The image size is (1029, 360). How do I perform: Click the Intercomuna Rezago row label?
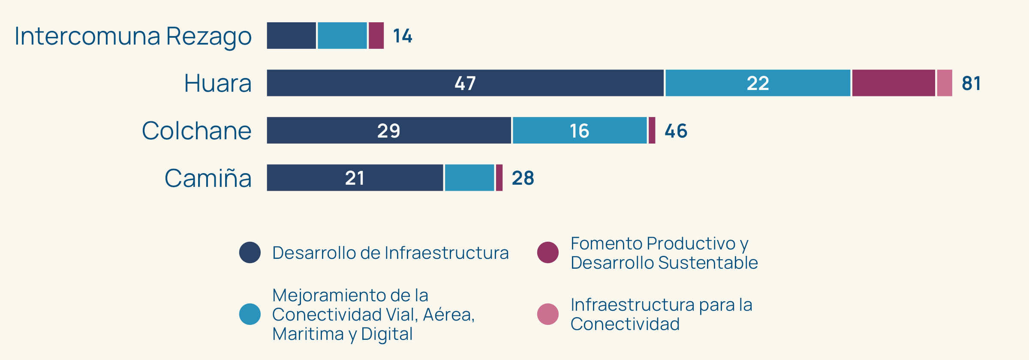133,36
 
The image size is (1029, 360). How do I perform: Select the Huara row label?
217,83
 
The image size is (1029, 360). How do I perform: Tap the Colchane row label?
196,131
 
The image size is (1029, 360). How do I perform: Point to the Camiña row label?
208,178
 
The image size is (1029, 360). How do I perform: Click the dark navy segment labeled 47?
465,83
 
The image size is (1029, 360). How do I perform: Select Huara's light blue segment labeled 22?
758,83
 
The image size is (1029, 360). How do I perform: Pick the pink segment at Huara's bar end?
945,83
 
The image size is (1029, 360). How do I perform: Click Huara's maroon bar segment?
894,83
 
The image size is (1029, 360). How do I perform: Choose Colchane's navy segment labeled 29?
389,131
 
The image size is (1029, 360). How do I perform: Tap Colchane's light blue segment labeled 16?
580,131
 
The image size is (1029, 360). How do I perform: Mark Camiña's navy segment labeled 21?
355,178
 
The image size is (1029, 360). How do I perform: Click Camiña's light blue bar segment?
469,178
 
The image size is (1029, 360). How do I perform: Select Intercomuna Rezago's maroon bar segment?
376,36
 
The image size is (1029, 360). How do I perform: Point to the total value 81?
971,84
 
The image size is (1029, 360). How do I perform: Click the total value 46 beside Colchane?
676,131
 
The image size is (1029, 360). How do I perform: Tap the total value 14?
403,36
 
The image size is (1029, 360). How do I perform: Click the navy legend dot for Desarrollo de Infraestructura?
250,252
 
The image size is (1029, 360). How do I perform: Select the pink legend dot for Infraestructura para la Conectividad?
548,314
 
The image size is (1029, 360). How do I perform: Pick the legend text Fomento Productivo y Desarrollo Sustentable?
664,253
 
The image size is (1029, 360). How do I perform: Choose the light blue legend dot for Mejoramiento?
250,314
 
